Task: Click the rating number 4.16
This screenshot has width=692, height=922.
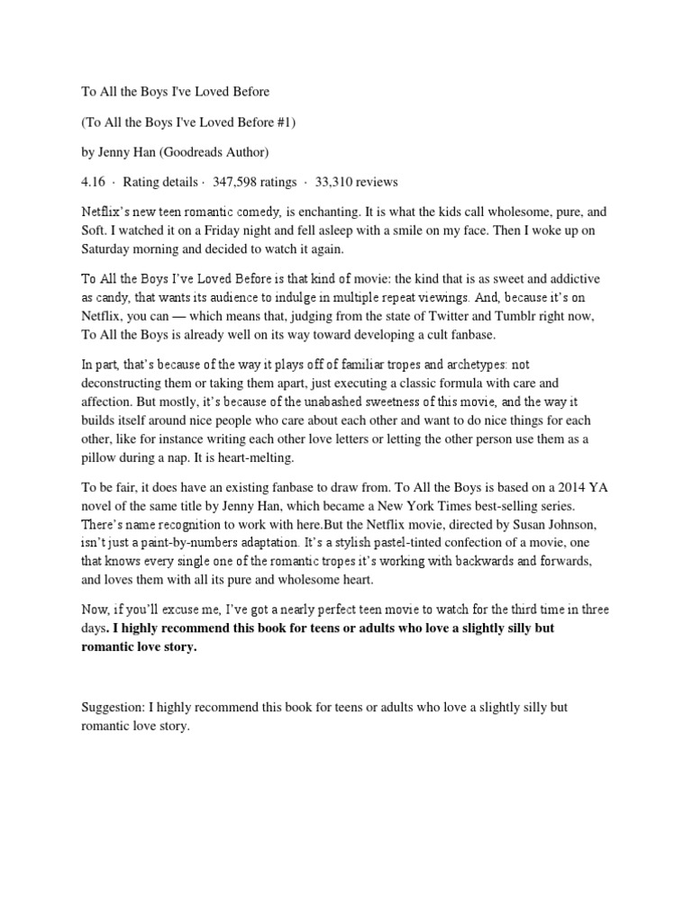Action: coord(92,182)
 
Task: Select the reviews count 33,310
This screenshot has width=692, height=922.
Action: coord(338,182)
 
